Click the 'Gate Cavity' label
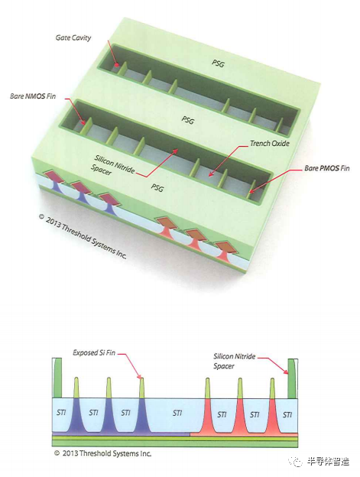click(73, 37)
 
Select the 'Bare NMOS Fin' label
click(33, 96)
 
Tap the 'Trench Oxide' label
click(270, 143)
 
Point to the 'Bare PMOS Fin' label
click(327, 168)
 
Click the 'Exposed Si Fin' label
click(94, 353)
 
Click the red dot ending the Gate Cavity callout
click(116, 64)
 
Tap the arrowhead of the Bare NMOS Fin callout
click(84, 122)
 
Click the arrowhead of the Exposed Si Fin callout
click(140, 376)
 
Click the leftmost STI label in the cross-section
click(61, 413)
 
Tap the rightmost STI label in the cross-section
click(287, 414)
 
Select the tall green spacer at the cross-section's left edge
click(58, 378)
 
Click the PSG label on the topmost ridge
click(218, 63)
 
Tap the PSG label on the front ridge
click(157, 187)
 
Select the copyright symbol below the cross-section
click(57, 453)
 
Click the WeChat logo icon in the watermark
click(295, 461)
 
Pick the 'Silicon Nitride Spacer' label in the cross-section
click(234, 361)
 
